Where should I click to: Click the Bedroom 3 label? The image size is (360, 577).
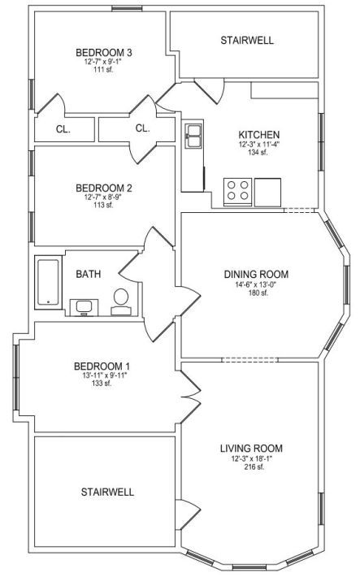coord(103,53)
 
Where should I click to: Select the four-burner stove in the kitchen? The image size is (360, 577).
coord(238,191)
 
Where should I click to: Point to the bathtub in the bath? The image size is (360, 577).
coord(48,282)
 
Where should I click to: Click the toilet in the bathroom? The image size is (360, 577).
coord(121,302)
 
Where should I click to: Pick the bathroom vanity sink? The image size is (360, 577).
coord(84,308)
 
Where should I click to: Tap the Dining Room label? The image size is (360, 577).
coord(256,275)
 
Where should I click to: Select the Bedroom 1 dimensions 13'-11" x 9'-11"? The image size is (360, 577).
coord(102,375)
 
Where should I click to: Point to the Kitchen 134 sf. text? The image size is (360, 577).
coord(258,152)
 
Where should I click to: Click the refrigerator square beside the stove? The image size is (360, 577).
coord(267,192)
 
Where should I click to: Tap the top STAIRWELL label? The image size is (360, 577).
coord(247,41)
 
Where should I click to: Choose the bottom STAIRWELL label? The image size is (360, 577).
coord(107,492)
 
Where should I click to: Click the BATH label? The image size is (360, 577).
coord(88,274)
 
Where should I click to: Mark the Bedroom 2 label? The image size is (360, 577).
coord(103,189)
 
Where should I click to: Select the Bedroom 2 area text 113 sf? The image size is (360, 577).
coord(103,205)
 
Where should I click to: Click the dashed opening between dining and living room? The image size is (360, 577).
coord(249,359)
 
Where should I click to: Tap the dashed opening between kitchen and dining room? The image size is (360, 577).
coord(299,210)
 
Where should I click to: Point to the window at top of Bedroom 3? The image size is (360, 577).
coord(127,8)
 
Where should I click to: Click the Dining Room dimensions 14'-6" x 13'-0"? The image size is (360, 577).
coord(256,284)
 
